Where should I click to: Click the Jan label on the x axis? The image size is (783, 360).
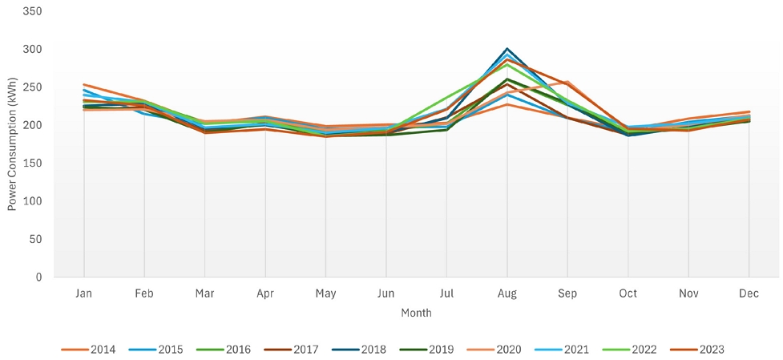click(84, 293)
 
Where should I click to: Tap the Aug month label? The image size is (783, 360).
click(507, 293)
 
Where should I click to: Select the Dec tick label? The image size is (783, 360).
click(749, 293)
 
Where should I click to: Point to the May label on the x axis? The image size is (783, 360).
click(326, 293)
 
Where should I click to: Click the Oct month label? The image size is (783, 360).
click(628, 293)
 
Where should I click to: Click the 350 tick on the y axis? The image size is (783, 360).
click(34, 11)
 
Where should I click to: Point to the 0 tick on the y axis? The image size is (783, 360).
click(39, 277)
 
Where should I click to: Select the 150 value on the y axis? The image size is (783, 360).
click(34, 164)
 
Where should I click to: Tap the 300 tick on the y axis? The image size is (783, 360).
click(34, 50)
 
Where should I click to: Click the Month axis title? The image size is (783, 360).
click(417, 313)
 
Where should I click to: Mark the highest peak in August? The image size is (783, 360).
click(507, 49)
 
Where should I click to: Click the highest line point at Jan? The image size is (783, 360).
click(84, 84)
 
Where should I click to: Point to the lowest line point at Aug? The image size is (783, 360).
click(507, 104)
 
